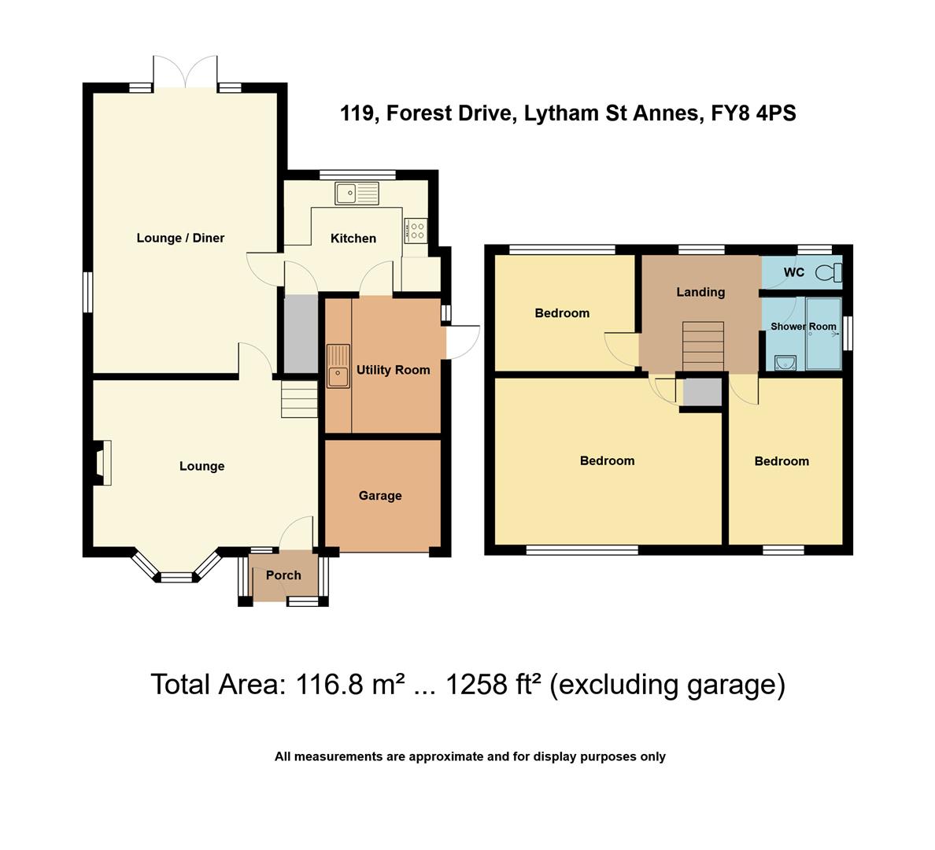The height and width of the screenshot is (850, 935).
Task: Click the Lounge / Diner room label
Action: pos(180,238)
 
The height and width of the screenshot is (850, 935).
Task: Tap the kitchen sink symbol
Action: pos(357,194)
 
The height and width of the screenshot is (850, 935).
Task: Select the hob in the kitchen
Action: pos(416,231)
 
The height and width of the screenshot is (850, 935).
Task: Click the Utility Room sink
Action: pos(338,366)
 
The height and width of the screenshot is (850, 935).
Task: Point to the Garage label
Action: pos(380,496)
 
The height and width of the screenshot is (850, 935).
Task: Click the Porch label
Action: pos(283,575)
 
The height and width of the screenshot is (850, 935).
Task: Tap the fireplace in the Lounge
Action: pos(101,462)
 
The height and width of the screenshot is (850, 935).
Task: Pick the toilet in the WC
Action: pos(829,273)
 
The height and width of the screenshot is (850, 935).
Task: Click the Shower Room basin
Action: pos(786,363)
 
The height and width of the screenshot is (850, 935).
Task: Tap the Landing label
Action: pos(700,292)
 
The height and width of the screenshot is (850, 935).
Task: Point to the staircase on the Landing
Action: pos(703,346)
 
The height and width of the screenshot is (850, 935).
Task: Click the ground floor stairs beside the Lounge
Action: pos(299,399)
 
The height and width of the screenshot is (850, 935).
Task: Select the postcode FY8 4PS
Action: pos(753,113)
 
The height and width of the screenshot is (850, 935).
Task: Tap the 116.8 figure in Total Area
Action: pos(329,685)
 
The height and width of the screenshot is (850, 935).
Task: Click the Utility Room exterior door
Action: pos(463,342)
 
